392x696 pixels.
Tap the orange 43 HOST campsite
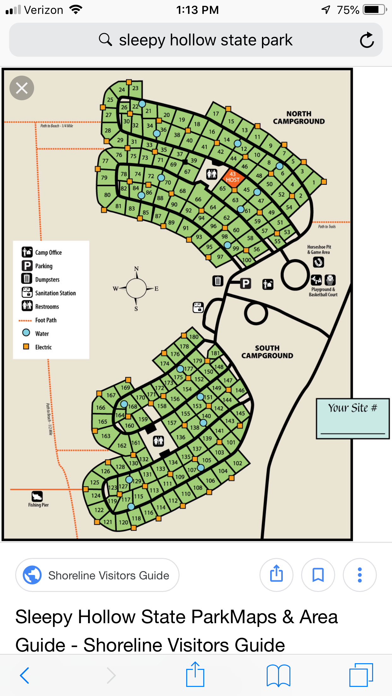[233, 177]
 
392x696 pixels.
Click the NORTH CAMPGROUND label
[299, 118]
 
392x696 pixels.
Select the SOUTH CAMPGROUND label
[267, 352]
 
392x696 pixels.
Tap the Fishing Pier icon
[37, 496]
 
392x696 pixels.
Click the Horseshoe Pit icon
[318, 262]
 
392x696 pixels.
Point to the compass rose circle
[136, 288]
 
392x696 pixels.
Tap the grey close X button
[22, 88]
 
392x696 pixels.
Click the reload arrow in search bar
[367, 40]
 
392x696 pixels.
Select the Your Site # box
[353, 418]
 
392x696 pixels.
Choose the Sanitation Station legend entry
[49, 293]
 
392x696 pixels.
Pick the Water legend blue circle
[26, 333]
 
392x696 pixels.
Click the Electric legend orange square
[26, 347]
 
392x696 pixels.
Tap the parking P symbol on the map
[246, 283]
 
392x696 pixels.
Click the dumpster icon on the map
[218, 281]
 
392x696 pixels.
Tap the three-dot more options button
[359, 575]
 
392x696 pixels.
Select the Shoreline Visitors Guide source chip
[97, 575]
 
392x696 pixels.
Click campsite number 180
[194, 337]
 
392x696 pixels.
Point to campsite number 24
[122, 90]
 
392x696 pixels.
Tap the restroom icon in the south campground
[158, 441]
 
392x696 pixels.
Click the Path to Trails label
[327, 226]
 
